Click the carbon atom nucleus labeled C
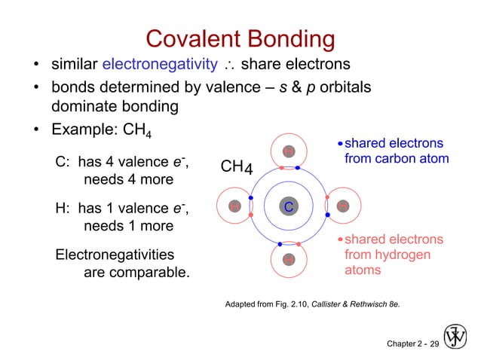click(x=288, y=206)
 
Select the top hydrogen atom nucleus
click(x=288, y=152)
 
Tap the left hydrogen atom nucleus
click(x=234, y=206)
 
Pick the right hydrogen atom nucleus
click(x=342, y=206)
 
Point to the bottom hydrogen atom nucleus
click(x=288, y=260)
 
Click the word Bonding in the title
click(x=290, y=40)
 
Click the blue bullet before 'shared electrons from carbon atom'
click(x=340, y=144)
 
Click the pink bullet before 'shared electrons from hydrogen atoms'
click(x=340, y=240)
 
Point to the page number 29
click(x=433, y=343)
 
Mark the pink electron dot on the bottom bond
click(x=299, y=245)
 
